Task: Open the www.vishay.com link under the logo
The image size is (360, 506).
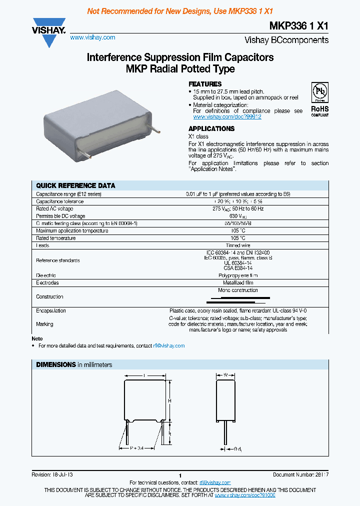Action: click(92, 37)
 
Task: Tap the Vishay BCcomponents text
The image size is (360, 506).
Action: click(286, 40)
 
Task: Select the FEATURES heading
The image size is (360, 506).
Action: click(204, 84)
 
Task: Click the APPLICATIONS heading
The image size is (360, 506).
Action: click(211, 128)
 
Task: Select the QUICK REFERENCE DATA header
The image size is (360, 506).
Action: click(75, 185)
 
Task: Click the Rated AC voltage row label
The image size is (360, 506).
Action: click(54, 208)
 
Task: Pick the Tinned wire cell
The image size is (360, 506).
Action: click(238, 245)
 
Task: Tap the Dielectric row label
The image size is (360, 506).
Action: click(46, 275)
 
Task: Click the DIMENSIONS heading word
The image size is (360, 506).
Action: click(56, 365)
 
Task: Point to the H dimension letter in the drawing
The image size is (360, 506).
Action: click(170, 401)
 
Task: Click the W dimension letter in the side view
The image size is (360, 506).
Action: click(225, 374)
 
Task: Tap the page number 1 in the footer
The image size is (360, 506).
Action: click(179, 475)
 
